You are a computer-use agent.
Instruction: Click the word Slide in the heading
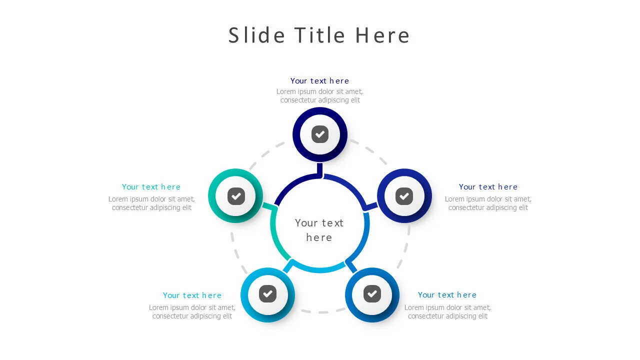[x=256, y=35]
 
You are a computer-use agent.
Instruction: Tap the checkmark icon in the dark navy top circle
[x=320, y=134]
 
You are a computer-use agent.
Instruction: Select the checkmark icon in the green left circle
[x=236, y=196]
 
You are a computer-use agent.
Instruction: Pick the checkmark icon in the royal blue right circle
[x=404, y=196]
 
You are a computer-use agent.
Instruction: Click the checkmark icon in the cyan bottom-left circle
[x=268, y=293]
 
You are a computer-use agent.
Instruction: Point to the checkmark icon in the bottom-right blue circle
[x=372, y=293]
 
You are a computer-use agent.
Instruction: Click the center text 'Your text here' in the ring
[x=319, y=230]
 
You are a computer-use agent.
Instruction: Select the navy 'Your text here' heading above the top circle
[x=319, y=81]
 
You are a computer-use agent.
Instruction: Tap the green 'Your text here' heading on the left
[x=151, y=187]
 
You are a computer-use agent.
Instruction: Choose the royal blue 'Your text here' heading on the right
[x=488, y=187]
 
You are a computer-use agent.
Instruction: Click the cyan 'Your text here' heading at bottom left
[x=192, y=295]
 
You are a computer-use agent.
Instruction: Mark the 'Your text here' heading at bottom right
[x=447, y=295]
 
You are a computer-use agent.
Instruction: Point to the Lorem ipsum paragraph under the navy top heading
[x=319, y=96]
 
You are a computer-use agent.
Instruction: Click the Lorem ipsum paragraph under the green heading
[x=151, y=203]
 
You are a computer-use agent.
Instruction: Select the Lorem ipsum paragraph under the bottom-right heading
[x=447, y=312]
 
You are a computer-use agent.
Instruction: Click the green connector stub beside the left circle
[x=268, y=206]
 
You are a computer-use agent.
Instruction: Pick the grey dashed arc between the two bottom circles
[x=320, y=312]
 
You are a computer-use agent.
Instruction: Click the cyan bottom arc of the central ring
[x=320, y=270]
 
